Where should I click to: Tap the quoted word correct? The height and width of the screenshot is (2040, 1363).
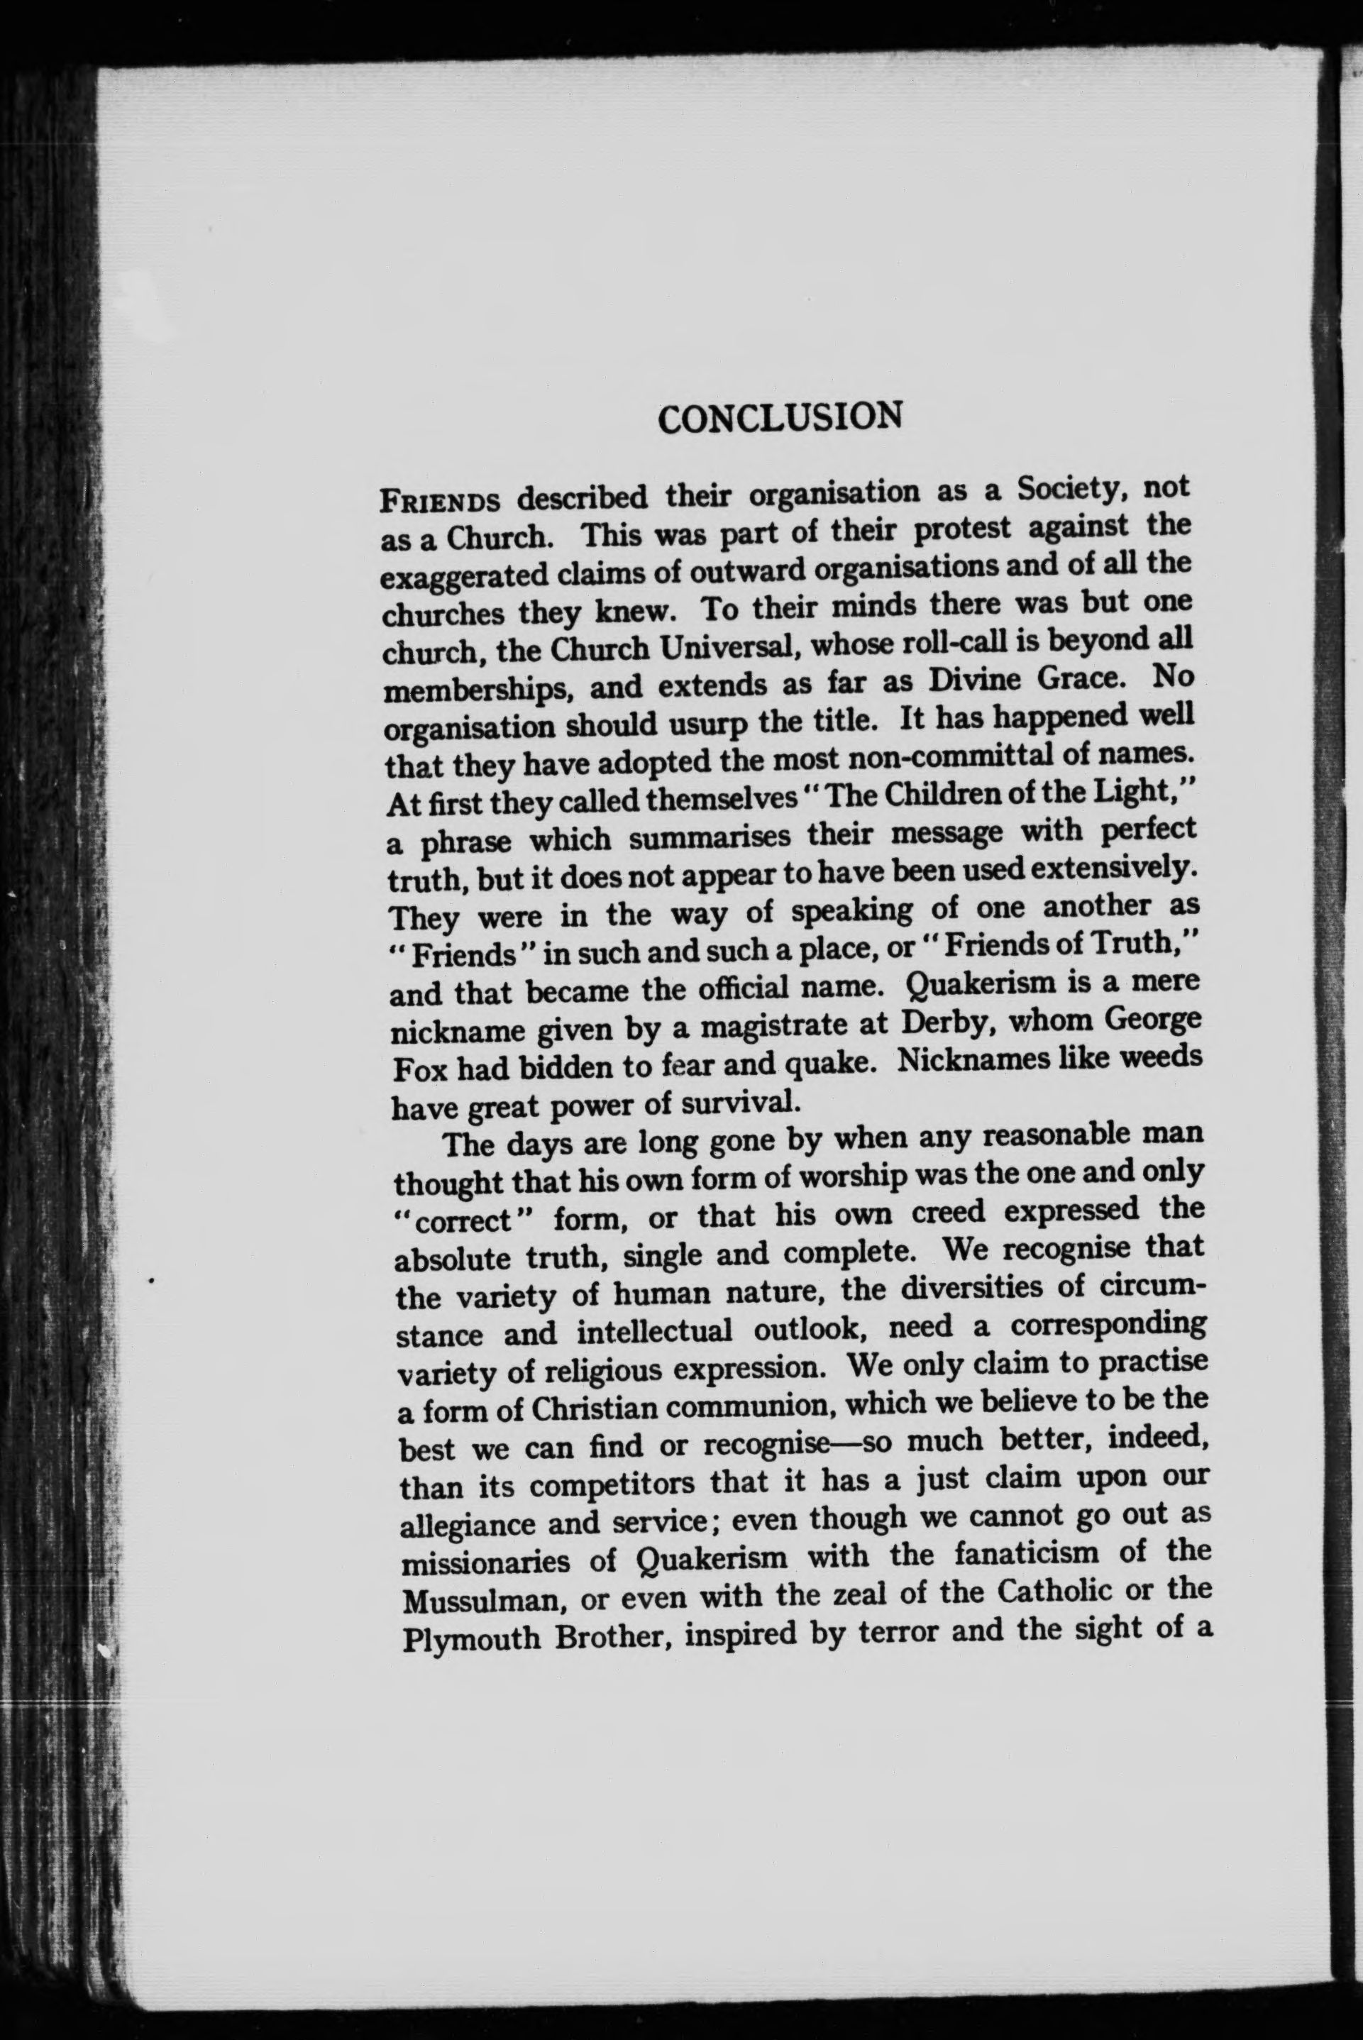click(x=470, y=1221)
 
